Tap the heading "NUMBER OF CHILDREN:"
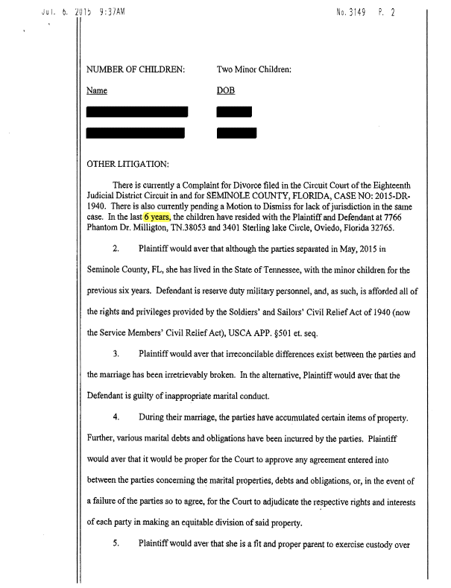(x=136, y=69)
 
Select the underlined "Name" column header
(x=98, y=90)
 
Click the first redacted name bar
(x=138, y=113)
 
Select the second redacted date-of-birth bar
(x=236, y=133)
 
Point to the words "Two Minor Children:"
(x=253, y=69)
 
